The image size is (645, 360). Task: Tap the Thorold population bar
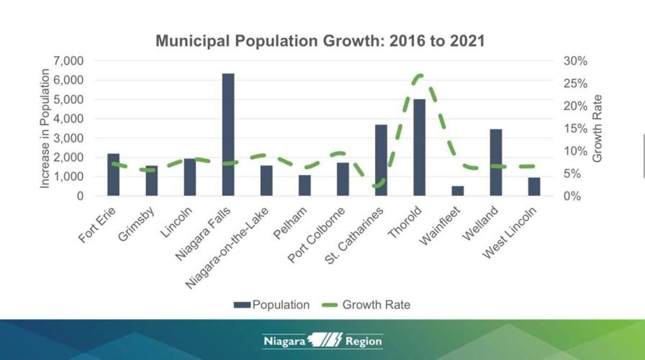(x=419, y=148)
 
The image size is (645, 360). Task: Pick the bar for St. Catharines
(x=381, y=160)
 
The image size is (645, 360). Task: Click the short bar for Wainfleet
(x=458, y=191)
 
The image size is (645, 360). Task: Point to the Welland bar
(x=496, y=162)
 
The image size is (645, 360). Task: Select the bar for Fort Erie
(x=113, y=174)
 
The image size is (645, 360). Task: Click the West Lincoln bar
(x=534, y=186)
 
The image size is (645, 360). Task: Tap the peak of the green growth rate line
(x=420, y=75)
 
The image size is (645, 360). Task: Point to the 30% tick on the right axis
(x=575, y=61)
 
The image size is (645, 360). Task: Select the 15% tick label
(x=575, y=129)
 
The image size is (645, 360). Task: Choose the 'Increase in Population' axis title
(x=45, y=128)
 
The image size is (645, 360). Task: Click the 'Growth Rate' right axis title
(x=597, y=128)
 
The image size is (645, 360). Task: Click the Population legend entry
(x=271, y=305)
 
